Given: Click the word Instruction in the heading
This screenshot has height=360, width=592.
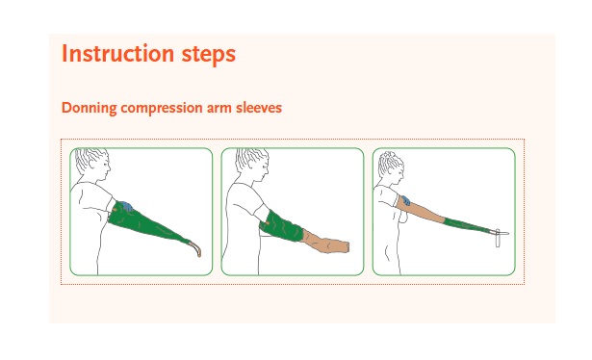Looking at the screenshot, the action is point(117,54).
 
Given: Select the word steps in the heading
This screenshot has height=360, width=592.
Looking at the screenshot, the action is point(209,55).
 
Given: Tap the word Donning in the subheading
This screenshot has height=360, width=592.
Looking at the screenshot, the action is point(90,108).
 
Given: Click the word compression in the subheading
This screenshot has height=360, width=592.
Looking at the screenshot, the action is point(162,109).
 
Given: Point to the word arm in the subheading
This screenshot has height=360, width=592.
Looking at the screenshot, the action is point(219,109).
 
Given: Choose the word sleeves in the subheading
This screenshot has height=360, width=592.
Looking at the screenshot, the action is point(259,108).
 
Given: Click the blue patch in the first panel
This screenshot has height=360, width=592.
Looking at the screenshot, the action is point(126,206).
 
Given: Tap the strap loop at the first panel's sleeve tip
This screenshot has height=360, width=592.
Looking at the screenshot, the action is point(194,248).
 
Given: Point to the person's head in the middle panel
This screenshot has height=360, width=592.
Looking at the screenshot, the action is point(252,163).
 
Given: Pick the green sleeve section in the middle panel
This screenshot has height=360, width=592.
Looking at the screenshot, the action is point(281,226).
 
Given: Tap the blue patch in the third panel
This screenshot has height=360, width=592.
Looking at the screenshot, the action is point(406,200).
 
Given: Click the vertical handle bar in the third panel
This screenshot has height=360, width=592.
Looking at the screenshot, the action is point(498,238).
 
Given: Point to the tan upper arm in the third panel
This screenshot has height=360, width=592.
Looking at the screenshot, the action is point(421,209).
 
